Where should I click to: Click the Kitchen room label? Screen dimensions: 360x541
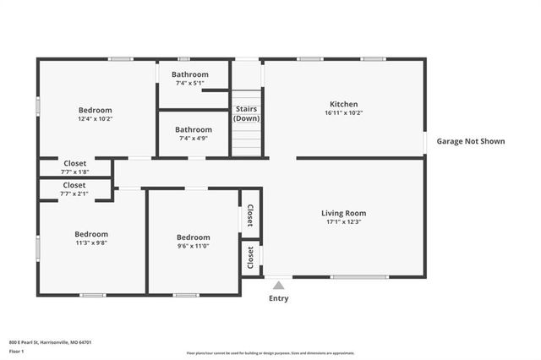pos(343,104)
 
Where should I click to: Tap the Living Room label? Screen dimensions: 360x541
pos(343,213)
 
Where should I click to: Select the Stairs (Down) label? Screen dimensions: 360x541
pos(247,114)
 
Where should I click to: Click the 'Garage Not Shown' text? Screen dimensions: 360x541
pos(470,141)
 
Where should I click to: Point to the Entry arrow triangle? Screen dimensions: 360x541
pos(278,286)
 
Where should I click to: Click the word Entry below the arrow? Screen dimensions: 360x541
pos(278,298)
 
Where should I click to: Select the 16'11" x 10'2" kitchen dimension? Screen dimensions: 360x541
pos(343,113)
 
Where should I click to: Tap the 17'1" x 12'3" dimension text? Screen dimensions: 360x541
pos(343,222)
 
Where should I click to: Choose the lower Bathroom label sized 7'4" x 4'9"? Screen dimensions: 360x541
pos(194,129)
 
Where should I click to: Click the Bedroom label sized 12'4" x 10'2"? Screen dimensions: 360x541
pos(96,110)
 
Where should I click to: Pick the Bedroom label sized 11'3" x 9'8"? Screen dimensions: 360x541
pos(91,234)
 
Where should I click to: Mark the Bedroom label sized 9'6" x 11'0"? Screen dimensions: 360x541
pos(194,237)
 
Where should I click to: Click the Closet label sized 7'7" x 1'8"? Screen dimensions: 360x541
pos(74,163)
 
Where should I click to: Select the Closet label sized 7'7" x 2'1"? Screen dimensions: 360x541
pos(74,184)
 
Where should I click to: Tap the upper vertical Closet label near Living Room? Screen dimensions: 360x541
pos(250,216)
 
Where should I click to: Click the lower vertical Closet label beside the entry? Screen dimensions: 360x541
pos(250,258)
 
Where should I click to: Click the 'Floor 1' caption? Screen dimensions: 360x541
pos(17,350)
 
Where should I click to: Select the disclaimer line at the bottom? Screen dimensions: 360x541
pos(270,352)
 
